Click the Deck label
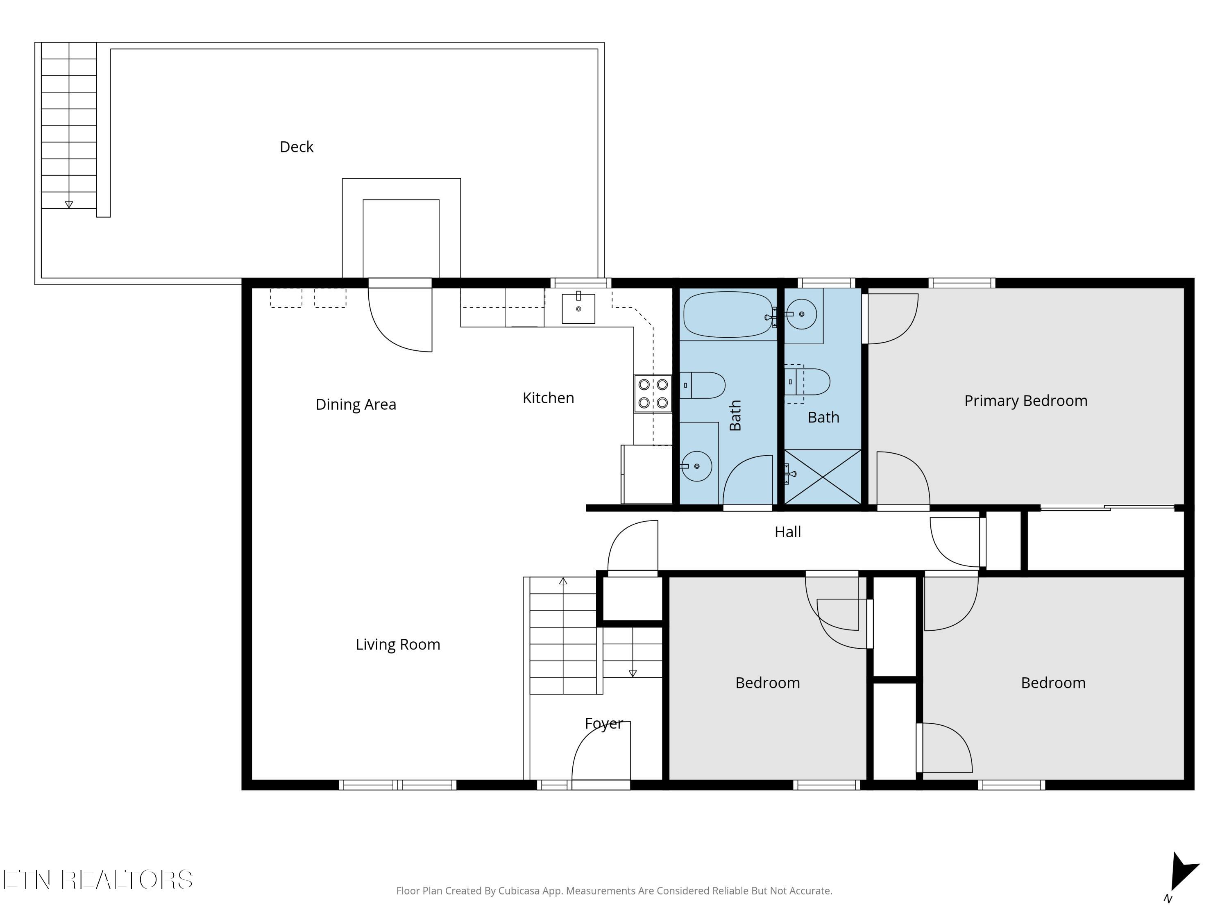click(297, 147)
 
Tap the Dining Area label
click(356, 404)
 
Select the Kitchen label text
click(549, 398)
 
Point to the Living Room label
click(398, 645)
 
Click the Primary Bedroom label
click(1026, 401)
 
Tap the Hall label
click(788, 532)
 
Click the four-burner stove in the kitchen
click(653, 393)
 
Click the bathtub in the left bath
click(728, 315)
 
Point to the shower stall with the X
click(822, 477)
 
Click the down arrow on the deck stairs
click(69, 204)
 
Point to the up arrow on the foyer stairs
click(563, 581)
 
